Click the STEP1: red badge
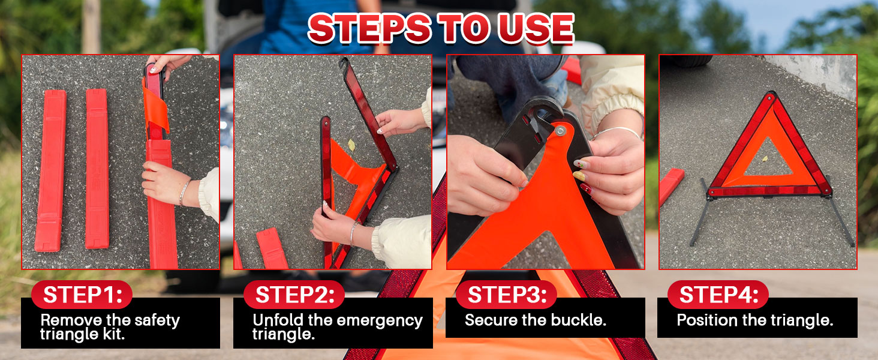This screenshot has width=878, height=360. tap(82, 295)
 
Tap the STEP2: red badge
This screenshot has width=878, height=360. tap(294, 295)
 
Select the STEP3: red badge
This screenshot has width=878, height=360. tap(506, 295)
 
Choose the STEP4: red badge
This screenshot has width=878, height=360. tap(718, 295)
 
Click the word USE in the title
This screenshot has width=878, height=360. tap(536, 29)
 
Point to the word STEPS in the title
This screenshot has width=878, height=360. tap(369, 29)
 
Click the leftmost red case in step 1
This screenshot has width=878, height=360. tap(50, 170)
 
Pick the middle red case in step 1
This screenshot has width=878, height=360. tap(97, 169)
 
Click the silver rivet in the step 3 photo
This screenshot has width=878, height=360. tap(561, 131)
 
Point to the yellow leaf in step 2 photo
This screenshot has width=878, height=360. tap(351, 145)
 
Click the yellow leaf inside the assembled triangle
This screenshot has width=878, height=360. tap(765, 158)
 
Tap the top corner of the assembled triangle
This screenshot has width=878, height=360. tap(771, 94)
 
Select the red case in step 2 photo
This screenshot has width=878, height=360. tap(272, 248)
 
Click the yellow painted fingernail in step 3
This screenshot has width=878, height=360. tap(579, 176)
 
